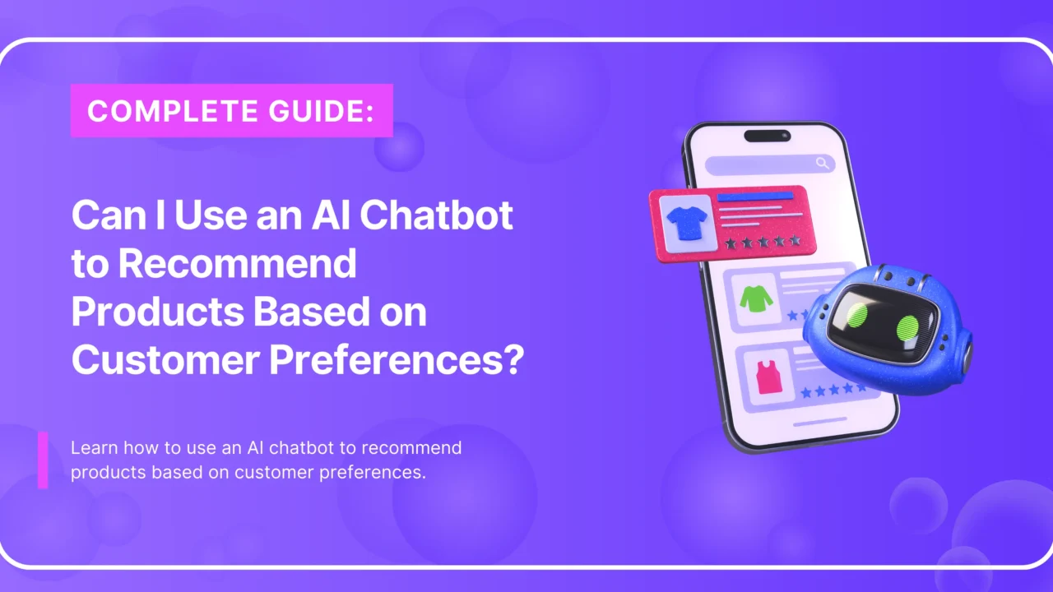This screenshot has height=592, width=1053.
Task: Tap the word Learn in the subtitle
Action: click(92, 448)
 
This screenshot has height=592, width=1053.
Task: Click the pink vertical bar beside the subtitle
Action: click(43, 460)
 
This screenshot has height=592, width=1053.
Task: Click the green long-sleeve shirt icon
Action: click(756, 298)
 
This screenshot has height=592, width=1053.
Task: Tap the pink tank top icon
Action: click(770, 377)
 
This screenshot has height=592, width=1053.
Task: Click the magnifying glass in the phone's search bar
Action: click(822, 164)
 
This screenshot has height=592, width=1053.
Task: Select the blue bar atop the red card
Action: click(755, 197)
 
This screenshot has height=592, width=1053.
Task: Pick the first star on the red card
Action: click(731, 243)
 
